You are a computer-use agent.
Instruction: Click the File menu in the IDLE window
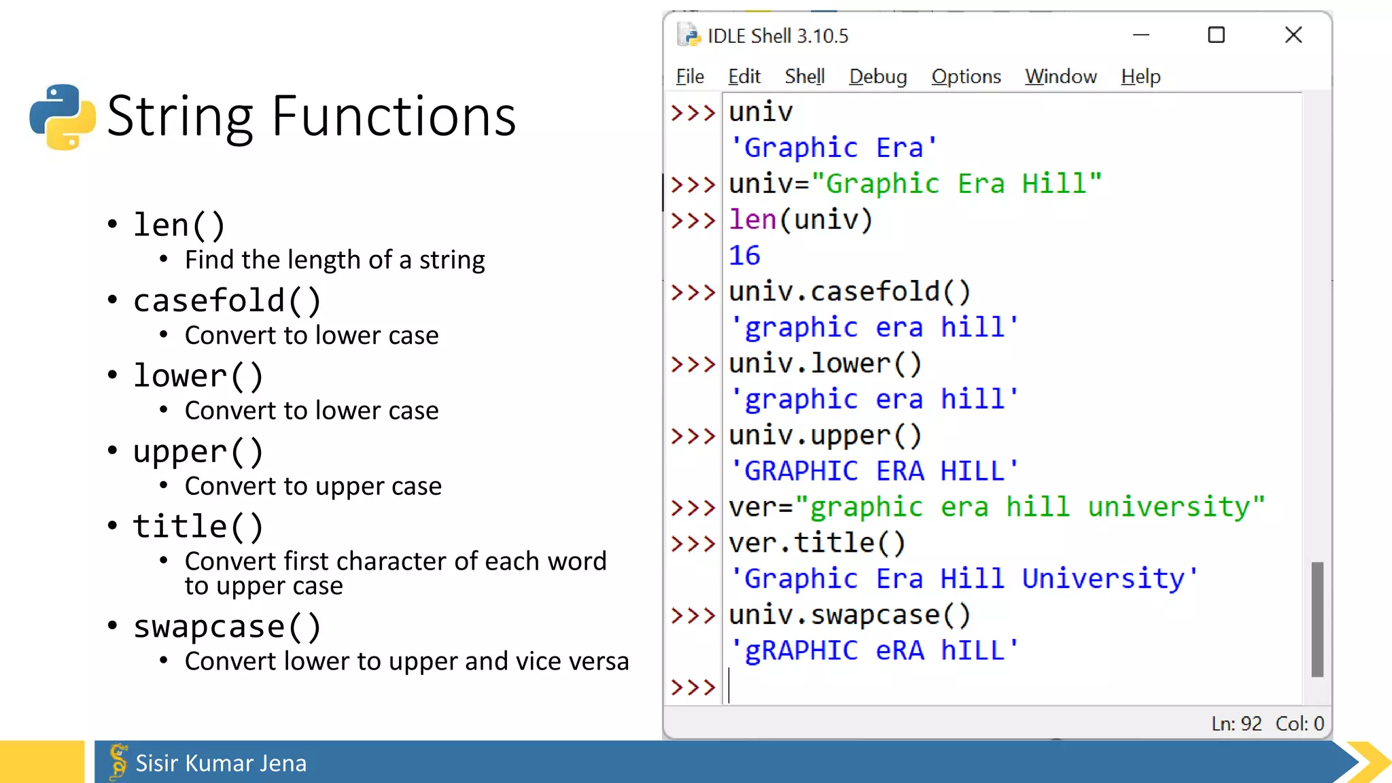(x=689, y=77)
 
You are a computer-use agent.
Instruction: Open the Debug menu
(x=877, y=77)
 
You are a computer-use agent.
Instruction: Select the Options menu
(x=966, y=77)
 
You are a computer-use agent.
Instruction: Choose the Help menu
(x=1141, y=77)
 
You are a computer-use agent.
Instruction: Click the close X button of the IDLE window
(x=1293, y=35)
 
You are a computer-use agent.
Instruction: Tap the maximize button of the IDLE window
(x=1216, y=35)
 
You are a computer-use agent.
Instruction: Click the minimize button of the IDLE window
(x=1141, y=35)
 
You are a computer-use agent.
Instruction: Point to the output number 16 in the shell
(x=744, y=256)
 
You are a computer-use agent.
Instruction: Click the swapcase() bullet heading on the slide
(x=227, y=627)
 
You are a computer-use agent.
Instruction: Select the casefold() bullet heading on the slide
(x=227, y=301)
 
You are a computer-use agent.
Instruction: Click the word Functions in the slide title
(x=394, y=117)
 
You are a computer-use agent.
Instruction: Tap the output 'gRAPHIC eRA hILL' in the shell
(x=873, y=650)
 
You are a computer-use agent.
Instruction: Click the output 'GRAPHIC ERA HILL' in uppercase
(x=873, y=471)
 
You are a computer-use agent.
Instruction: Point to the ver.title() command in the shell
(x=817, y=543)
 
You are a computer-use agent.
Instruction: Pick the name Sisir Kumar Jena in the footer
(x=221, y=763)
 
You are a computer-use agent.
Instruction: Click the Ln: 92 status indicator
(x=1236, y=724)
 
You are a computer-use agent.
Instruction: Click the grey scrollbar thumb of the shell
(x=1317, y=619)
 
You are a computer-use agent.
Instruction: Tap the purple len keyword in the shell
(x=752, y=220)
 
